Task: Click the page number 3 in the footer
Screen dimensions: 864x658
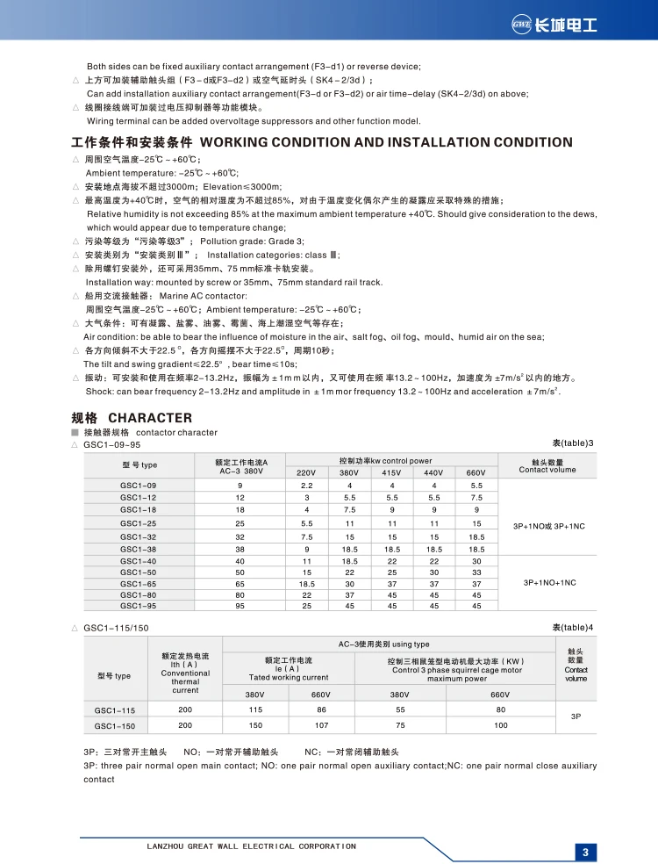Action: click(585, 851)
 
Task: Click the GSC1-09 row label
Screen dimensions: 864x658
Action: click(139, 486)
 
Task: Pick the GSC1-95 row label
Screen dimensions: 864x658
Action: click(139, 605)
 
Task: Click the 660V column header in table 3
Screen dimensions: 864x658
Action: click(476, 472)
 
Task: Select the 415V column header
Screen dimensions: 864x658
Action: click(392, 472)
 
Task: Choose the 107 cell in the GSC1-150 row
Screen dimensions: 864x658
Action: click(323, 725)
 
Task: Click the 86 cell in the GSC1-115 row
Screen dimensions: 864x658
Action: click(323, 709)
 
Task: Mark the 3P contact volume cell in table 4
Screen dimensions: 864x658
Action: click(576, 716)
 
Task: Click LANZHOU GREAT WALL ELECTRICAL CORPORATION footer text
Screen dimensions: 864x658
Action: click(250, 846)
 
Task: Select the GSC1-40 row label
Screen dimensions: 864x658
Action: click(139, 560)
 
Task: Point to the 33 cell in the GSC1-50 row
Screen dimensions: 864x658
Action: click(476, 572)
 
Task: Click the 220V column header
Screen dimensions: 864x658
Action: click(307, 472)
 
